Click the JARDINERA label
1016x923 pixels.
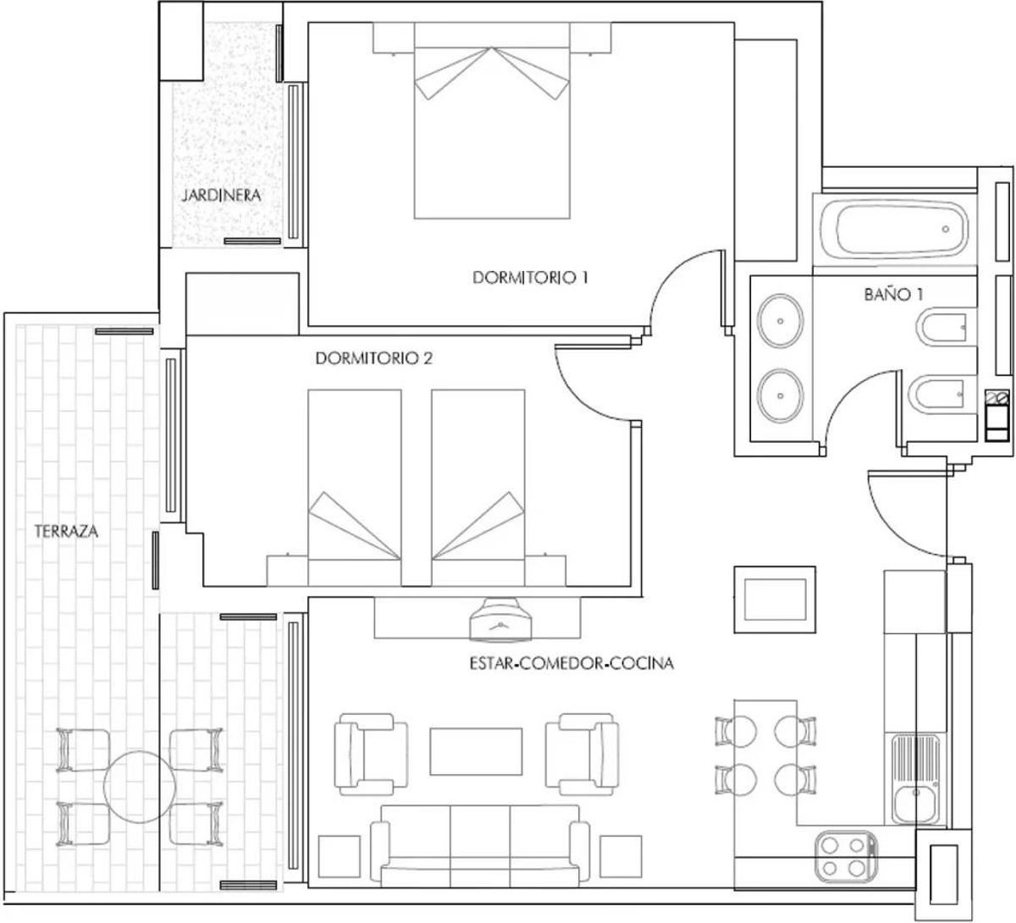click(x=221, y=195)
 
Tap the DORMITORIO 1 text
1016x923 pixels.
click(x=530, y=278)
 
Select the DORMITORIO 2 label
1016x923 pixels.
click(x=373, y=359)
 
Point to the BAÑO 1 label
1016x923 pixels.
click(x=893, y=295)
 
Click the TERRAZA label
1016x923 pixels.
click(x=66, y=532)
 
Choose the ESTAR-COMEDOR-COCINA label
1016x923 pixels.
click(x=571, y=664)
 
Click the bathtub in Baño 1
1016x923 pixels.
click(x=894, y=229)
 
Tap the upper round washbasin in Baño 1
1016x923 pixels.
click(x=780, y=321)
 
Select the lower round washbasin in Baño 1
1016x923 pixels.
click(x=780, y=395)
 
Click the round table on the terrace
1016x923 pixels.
click(x=140, y=787)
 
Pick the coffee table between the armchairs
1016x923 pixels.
click(x=476, y=752)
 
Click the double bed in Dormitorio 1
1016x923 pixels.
click(x=492, y=121)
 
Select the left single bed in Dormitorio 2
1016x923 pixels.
click(x=355, y=488)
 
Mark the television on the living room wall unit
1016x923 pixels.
click(x=500, y=620)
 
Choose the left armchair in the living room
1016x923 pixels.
click(x=371, y=754)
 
